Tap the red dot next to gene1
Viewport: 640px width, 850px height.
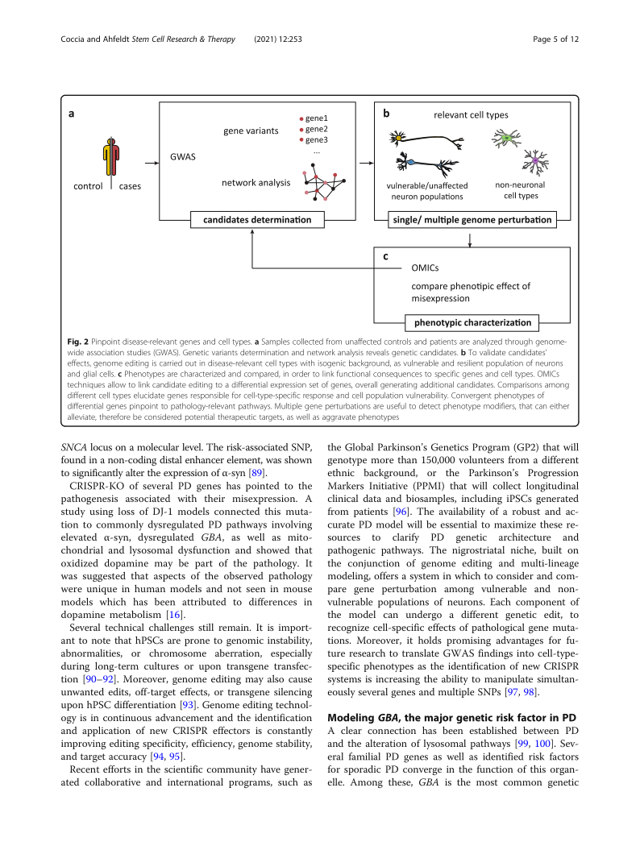click(301, 118)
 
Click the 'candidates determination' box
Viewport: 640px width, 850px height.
click(251, 219)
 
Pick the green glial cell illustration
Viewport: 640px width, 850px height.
click(506, 138)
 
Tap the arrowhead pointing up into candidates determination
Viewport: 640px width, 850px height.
click(253, 232)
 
